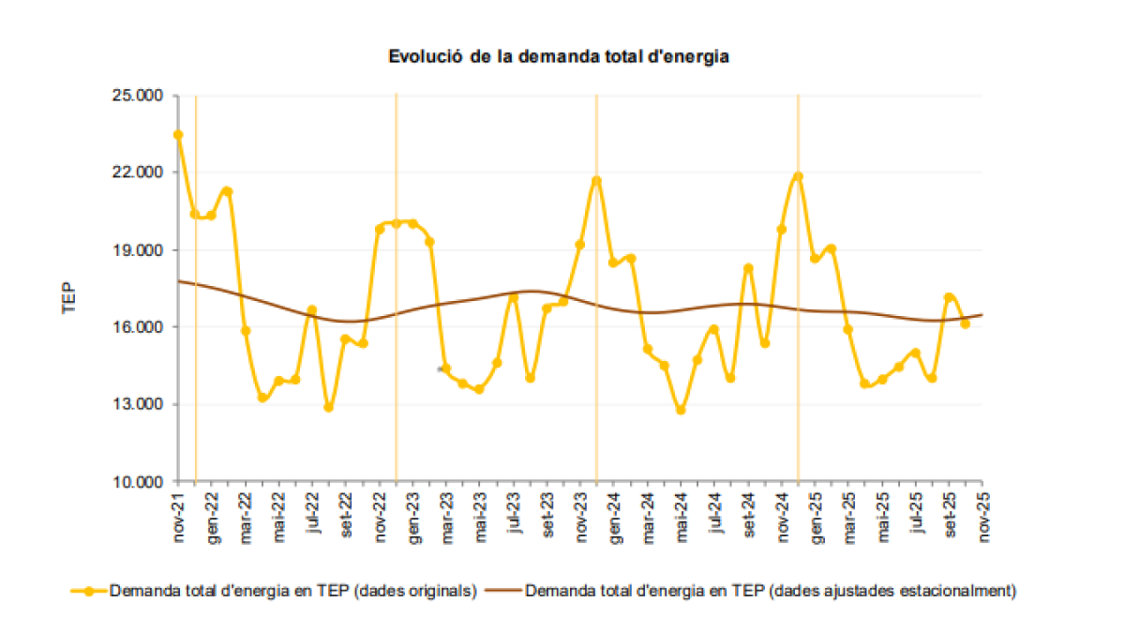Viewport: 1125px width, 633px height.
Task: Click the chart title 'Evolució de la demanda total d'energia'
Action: point(559,56)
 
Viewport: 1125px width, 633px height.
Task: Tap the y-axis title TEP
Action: point(68,297)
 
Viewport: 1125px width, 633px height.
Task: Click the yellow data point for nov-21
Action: point(178,135)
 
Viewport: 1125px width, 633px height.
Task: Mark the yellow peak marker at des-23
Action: point(596,180)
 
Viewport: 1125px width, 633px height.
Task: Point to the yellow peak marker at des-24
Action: point(798,176)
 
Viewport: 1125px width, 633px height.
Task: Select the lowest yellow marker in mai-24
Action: point(681,410)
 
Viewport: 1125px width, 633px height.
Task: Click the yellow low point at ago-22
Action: point(328,407)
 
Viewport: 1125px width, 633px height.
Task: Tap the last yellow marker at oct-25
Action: point(965,324)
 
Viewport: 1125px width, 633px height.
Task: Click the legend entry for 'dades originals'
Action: point(293,591)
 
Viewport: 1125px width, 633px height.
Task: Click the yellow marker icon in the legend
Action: point(89,591)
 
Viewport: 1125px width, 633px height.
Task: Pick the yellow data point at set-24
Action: point(748,268)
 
